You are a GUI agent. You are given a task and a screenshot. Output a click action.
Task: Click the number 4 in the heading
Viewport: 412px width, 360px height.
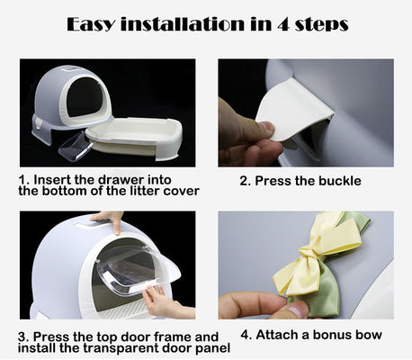click(x=283, y=24)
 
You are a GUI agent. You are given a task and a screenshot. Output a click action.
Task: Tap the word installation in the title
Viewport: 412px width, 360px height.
click(x=182, y=23)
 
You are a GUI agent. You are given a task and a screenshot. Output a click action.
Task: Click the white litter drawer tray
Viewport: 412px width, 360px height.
click(x=134, y=138)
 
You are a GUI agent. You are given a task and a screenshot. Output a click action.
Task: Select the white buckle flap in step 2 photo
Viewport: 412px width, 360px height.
click(x=295, y=112)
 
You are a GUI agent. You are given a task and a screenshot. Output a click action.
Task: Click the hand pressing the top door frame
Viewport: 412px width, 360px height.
click(x=109, y=220)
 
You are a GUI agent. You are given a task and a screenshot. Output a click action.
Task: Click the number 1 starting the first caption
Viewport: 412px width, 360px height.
click(x=22, y=180)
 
